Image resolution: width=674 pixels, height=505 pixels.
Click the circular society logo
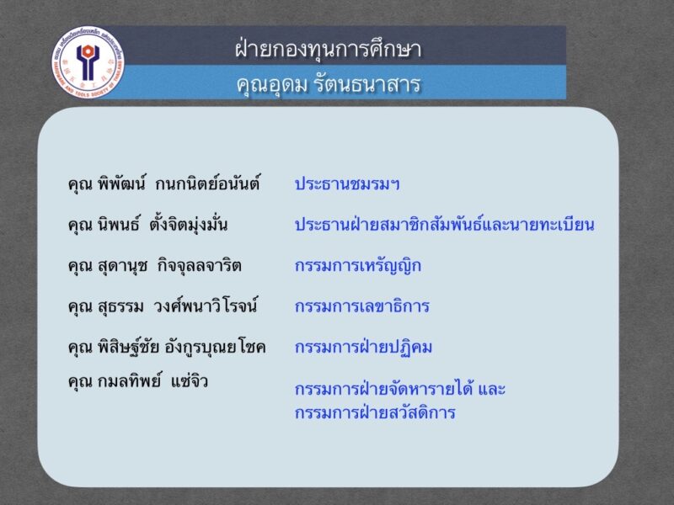pyautogui.click(x=88, y=62)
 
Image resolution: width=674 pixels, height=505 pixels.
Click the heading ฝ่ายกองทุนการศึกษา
pyautogui.click(x=329, y=48)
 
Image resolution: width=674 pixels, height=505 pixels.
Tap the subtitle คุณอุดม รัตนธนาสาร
pyautogui.click(x=329, y=84)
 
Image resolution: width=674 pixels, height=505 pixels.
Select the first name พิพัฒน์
pyautogui.click(x=122, y=183)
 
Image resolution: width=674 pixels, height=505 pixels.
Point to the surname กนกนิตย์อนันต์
pyautogui.click(x=207, y=183)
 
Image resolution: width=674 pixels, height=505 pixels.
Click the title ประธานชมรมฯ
pyautogui.click(x=347, y=183)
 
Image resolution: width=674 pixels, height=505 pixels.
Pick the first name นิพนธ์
pyautogui.click(x=119, y=224)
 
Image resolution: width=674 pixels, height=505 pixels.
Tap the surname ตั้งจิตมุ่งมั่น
pyautogui.click(x=189, y=223)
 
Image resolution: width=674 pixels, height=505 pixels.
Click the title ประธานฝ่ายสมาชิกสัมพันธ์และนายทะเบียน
pyautogui.click(x=445, y=224)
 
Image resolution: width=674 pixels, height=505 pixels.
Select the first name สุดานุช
pyautogui.click(x=122, y=266)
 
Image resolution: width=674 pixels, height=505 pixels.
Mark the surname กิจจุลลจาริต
pyautogui.click(x=200, y=265)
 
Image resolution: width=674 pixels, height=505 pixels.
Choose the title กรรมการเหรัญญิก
pyautogui.click(x=358, y=266)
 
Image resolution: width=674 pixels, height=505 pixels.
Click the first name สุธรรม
pyautogui.click(x=120, y=306)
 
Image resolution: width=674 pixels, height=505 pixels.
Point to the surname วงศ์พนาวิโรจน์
pyautogui.click(x=206, y=305)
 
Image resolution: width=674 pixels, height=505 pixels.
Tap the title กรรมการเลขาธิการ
pyautogui.click(x=362, y=306)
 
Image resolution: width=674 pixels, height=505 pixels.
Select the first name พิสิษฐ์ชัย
pyautogui.click(x=129, y=347)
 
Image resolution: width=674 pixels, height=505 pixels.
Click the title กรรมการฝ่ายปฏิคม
pyautogui.click(x=364, y=347)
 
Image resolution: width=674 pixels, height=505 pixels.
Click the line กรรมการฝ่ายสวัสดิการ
pyautogui.click(x=375, y=412)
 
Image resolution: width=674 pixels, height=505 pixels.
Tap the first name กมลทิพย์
pyautogui.click(x=129, y=380)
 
